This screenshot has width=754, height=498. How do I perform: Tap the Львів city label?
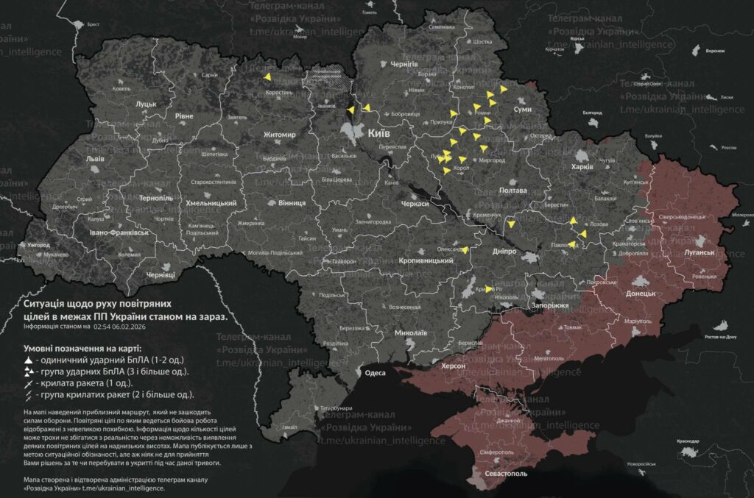tap(95, 159)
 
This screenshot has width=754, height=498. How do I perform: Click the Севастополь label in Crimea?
tap(506, 474)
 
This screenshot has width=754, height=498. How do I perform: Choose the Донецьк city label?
tap(641, 294)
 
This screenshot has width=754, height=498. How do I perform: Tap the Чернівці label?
tap(161, 274)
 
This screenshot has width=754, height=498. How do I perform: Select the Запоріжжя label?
tap(549, 305)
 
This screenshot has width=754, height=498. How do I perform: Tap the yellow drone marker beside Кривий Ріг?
tap(489, 288)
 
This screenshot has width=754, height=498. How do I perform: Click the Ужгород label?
tap(38, 244)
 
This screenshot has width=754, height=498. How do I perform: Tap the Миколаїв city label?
tap(411, 332)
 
